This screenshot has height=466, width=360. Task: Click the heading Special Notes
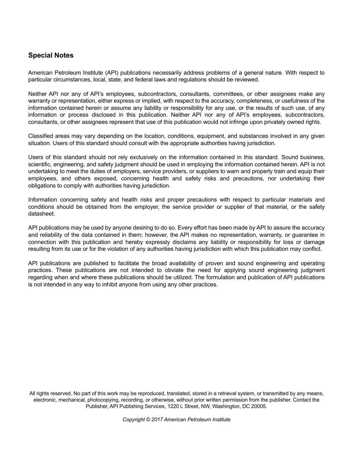(51, 55)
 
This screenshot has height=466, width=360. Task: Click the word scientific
(40, 164)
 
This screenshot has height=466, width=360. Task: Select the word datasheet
(41, 214)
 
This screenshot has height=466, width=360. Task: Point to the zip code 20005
(259, 406)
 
